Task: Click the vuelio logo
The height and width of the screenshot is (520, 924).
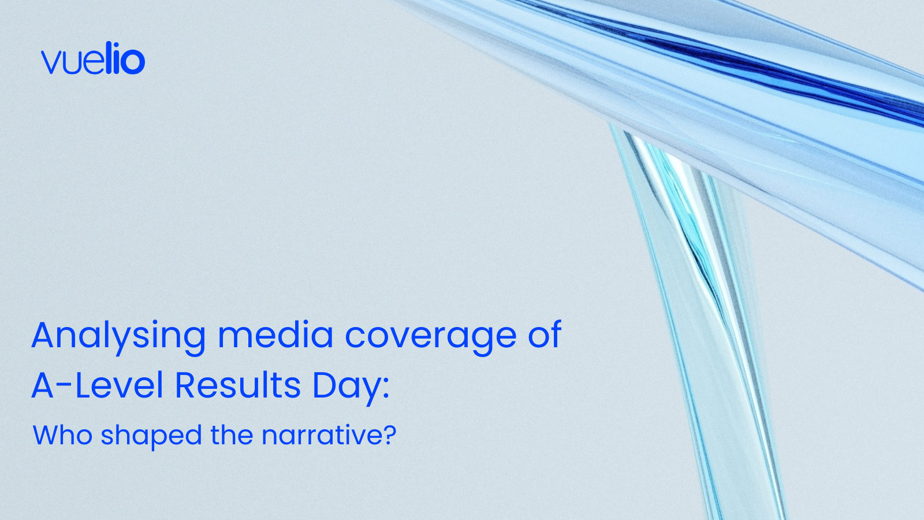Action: (93, 58)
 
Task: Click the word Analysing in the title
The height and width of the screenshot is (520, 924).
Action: (118, 337)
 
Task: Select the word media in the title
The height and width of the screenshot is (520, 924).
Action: (275, 334)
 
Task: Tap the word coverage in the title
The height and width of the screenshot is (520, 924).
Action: (431, 337)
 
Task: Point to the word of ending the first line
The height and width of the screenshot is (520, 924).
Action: (545, 333)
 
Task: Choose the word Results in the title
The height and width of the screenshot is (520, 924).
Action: (237, 385)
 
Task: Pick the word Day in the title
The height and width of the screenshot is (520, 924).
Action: (347, 388)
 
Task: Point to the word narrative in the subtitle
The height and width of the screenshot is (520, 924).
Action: (321, 435)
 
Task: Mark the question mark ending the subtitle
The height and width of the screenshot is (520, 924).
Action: (388, 434)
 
